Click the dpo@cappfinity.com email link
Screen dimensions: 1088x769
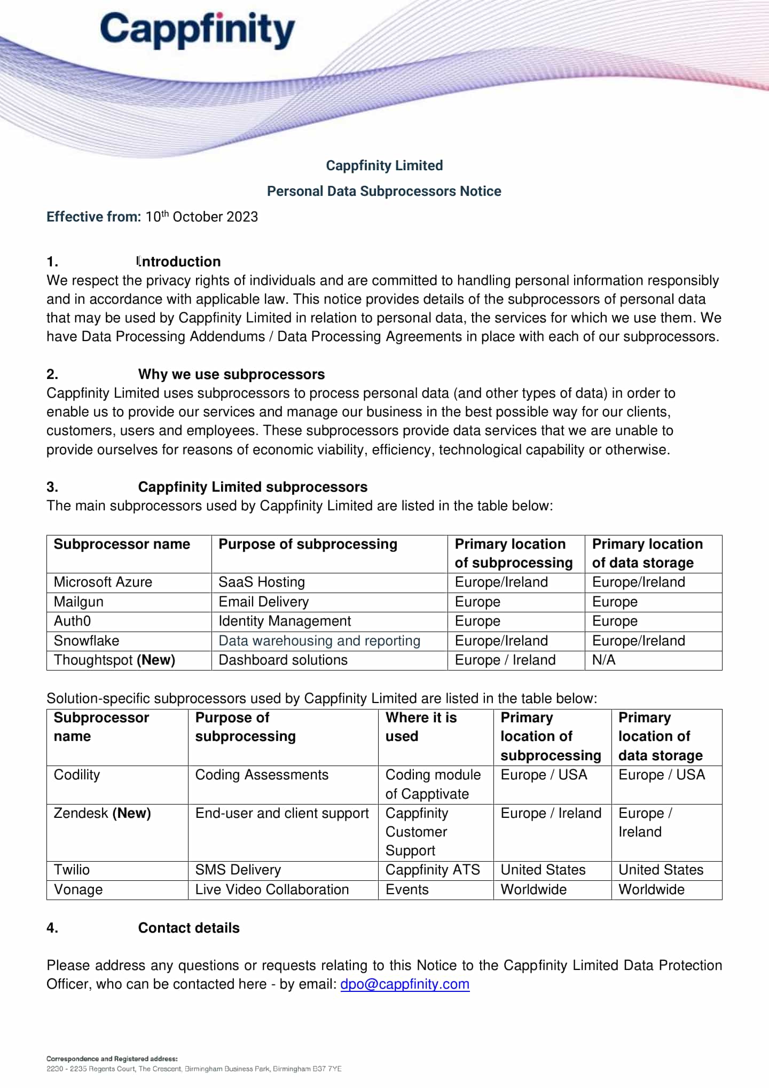405,984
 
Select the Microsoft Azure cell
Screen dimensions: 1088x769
103,582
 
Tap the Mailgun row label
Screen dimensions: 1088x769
79,602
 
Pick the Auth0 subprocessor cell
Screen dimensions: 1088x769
72,621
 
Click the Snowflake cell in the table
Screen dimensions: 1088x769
87,641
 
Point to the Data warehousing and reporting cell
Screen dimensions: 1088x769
319,641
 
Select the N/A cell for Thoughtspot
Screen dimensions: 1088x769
603,660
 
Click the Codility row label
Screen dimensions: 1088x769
77,775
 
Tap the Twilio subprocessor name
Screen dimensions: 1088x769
72,870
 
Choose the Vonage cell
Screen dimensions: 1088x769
78,889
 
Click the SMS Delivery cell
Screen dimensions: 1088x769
238,870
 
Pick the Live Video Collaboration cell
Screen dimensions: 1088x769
272,889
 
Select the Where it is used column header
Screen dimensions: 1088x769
421,727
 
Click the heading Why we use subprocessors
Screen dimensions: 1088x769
231,374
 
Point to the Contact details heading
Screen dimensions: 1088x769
189,928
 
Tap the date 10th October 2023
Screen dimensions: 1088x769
202,217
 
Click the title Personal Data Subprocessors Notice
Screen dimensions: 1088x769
384,191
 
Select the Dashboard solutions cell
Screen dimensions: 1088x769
283,660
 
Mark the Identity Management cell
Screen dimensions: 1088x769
285,621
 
